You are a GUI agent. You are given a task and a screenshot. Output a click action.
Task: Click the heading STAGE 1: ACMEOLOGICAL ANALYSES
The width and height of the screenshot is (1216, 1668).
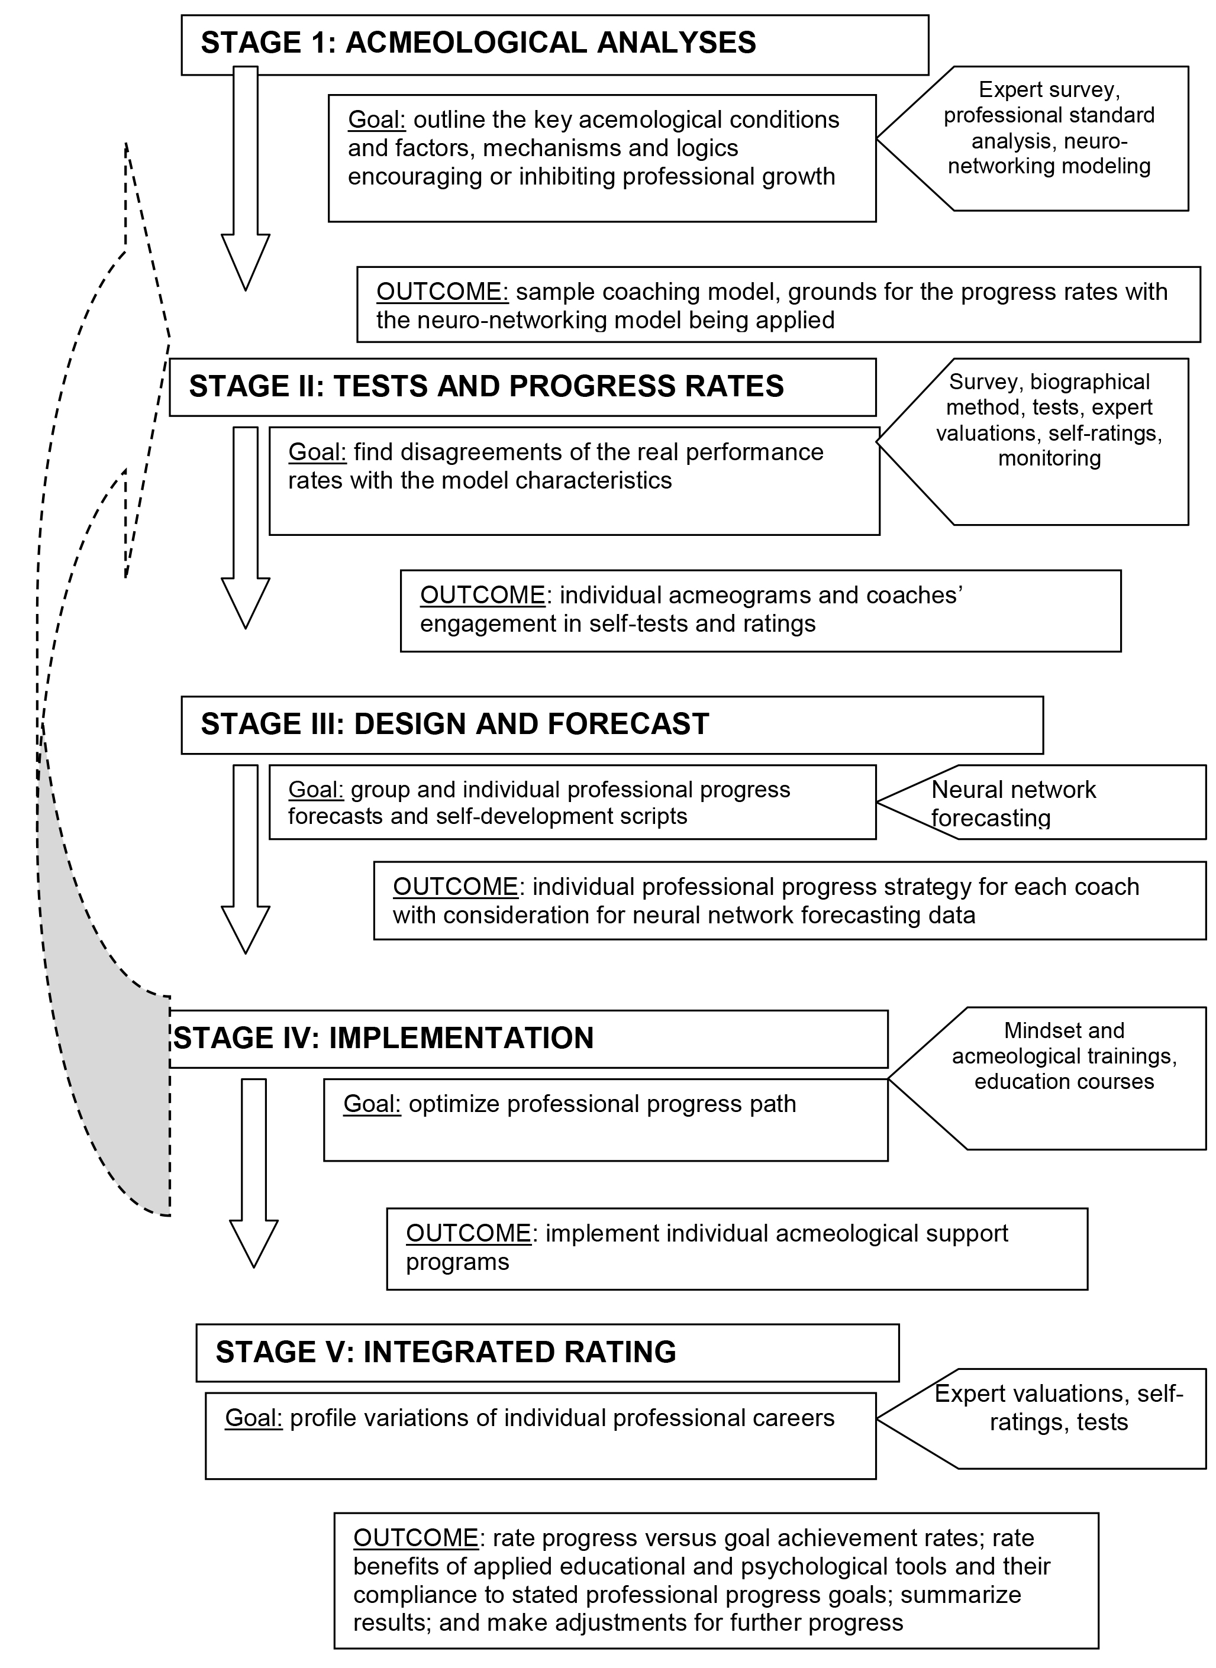tap(479, 43)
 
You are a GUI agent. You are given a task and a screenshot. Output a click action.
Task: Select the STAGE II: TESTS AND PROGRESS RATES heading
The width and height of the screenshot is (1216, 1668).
tap(486, 387)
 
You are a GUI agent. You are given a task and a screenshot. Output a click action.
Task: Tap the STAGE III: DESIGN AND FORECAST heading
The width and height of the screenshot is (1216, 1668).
tap(455, 724)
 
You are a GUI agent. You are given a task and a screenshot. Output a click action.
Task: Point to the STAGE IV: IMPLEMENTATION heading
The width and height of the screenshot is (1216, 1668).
tap(383, 1038)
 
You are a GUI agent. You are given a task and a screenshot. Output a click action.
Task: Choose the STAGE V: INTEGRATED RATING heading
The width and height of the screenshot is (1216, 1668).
tap(446, 1352)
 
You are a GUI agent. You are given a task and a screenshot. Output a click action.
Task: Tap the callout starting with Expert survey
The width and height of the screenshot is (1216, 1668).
tap(1049, 128)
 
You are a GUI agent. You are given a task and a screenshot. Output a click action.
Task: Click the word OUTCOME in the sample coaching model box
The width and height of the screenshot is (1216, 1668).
tap(443, 292)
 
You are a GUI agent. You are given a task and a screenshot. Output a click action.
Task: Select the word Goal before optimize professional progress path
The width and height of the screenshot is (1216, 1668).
tap(372, 1104)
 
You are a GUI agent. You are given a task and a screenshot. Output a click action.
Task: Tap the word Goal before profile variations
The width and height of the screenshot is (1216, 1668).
tap(253, 1418)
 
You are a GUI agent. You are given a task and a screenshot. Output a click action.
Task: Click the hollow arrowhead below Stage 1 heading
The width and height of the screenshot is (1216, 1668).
tap(245, 261)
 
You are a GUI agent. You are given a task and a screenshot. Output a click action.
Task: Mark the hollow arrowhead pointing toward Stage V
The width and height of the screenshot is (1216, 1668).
tap(253, 1243)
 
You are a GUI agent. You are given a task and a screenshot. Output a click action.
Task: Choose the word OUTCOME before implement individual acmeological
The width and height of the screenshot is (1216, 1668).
tap(468, 1233)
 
